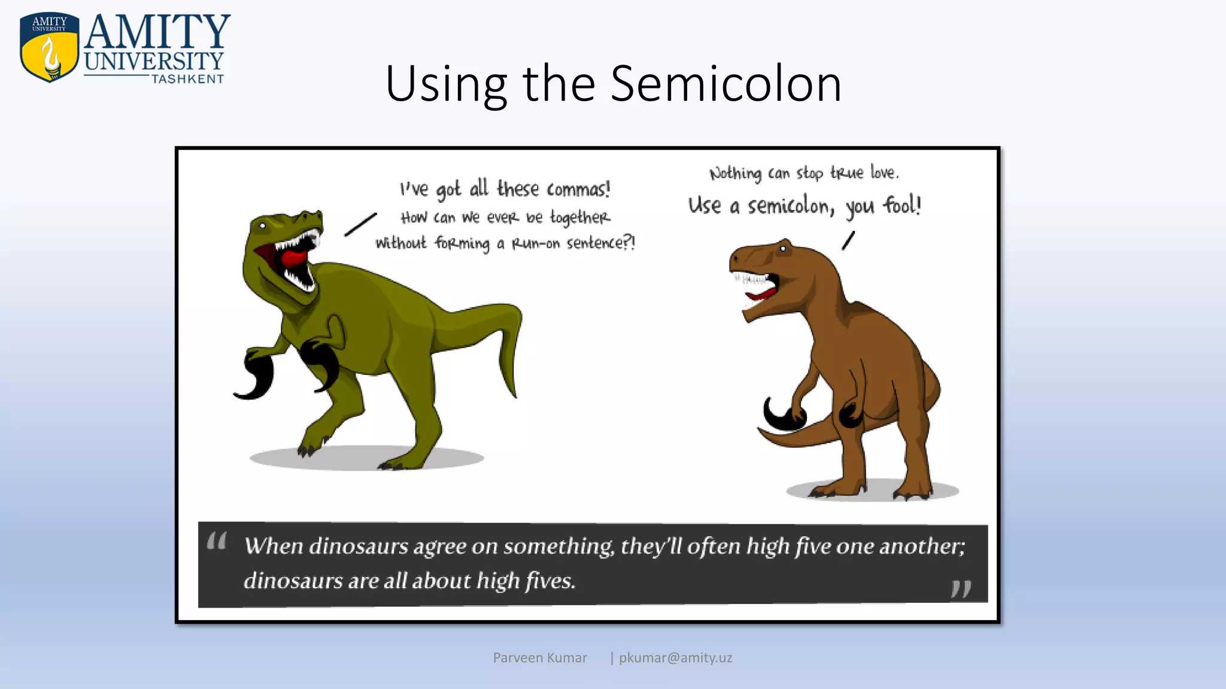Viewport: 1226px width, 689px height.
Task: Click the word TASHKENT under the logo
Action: pyautogui.click(x=187, y=79)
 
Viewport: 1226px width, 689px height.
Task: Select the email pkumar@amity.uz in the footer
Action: pyautogui.click(x=675, y=658)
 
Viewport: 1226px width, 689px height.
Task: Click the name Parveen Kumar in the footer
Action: pyautogui.click(x=540, y=658)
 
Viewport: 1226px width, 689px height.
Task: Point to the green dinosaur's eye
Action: pyautogui.click(x=262, y=225)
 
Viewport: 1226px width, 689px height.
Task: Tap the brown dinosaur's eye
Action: pyautogui.click(x=782, y=249)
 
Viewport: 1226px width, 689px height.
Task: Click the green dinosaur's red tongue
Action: pyautogui.click(x=293, y=258)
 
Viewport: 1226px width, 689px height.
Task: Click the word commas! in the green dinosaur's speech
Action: pyautogui.click(x=578, y=190)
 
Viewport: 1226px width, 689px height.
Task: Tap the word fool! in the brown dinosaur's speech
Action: pyautogui.click(x=902, y=206)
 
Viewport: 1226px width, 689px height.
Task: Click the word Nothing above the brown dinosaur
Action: pyautogui.click(x=735, y=173)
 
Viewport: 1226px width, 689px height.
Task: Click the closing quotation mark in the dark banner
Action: pyautogui.click(x=961, y=589)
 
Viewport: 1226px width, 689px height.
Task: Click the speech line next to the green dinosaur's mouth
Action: pyautogui.click(x=360, y=224)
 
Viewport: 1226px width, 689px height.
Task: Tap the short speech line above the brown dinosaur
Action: pyautogui.click(x=848, y=240)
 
